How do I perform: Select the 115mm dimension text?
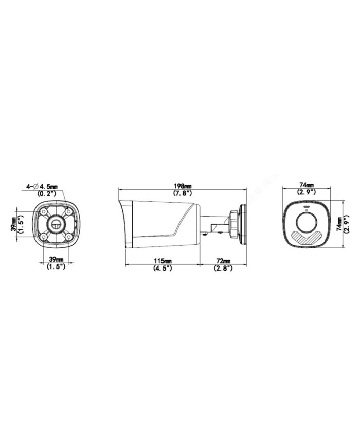(x=162, y=262)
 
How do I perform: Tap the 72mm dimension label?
(x=223, y=262)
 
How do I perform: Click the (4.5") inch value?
(x=162, y=269)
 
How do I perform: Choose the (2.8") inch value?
(x=223, y=269)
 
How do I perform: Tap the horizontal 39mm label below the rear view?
(x=56, y=260)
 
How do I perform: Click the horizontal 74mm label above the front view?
(x=307, y=185)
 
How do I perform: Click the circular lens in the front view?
(x=307, y=222)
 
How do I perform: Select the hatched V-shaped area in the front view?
(x=307, y=237)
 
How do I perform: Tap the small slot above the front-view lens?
(x=307, y=209)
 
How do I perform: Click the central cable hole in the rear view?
(x=56, y=224)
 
